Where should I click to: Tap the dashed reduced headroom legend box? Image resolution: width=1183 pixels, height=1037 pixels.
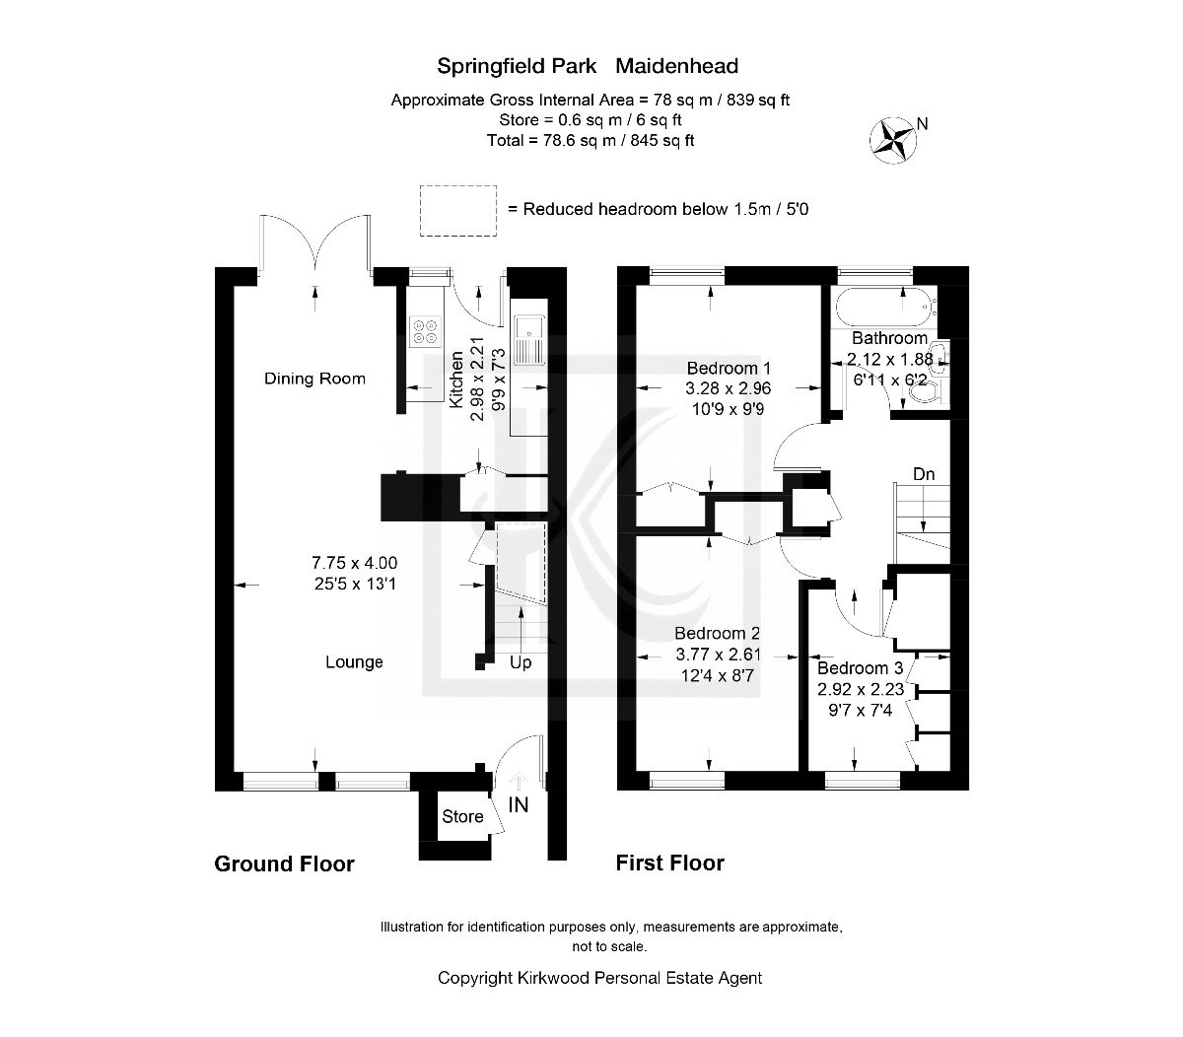(x=456, y=210)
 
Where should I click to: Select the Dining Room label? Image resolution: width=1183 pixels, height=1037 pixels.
(x=314, y=379)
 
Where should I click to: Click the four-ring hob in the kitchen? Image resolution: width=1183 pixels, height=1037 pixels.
(x=426, y=330)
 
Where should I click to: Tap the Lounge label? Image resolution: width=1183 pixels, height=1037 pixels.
(x=354, y=661)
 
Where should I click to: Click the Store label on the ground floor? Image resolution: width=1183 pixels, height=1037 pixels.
(x=462, y=816)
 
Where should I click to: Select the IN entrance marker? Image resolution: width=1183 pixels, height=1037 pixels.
(x=519, y=804)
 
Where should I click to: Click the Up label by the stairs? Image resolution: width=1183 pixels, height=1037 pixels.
(x=521, y=662)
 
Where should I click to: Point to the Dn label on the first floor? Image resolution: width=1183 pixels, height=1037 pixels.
(x=924, y=474)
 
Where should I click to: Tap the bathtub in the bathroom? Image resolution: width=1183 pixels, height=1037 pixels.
(x=880, y=308)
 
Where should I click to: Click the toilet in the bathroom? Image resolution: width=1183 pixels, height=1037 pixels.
(x=926, y=392)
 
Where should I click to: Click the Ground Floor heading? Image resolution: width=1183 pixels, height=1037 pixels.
(x=284, y=864)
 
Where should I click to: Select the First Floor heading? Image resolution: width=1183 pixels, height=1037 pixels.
(x=670, y=864)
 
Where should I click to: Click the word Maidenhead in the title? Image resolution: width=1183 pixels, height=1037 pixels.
(x=677, y=66)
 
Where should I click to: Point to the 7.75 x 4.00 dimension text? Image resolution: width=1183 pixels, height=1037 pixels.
(x=354, y=563)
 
